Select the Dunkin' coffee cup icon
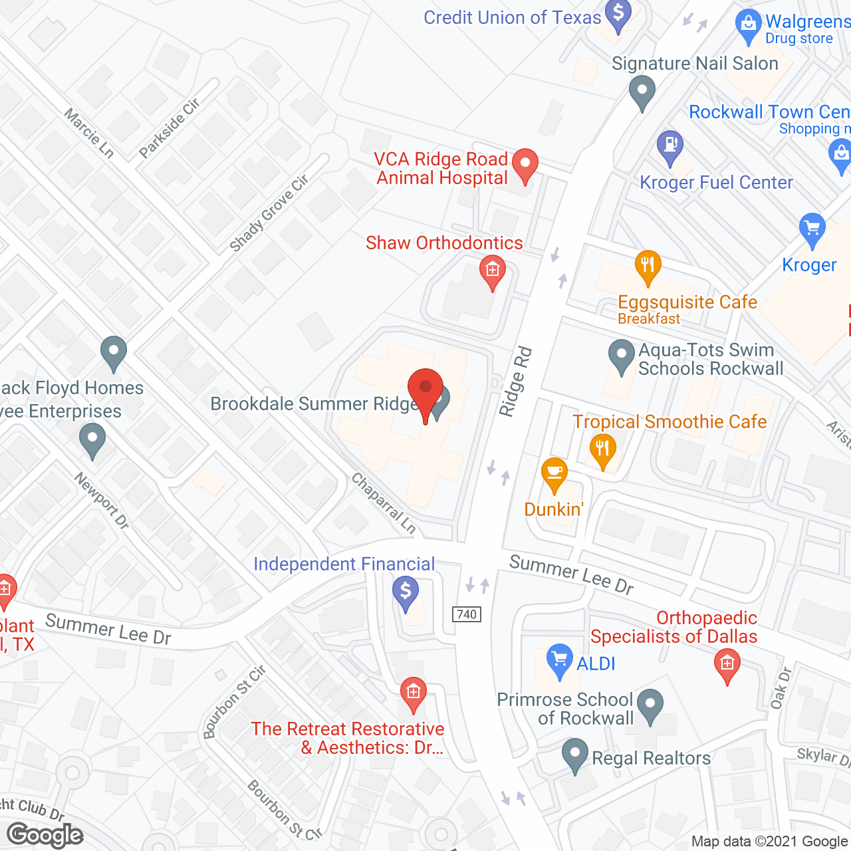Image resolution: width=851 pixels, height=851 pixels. (x=554, y=473)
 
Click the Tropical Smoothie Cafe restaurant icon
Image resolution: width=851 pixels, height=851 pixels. (x=602, y=449)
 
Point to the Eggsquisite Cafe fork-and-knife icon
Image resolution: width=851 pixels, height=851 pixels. (x=648, y=266)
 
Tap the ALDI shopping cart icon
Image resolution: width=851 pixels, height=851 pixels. (x=559, y=660)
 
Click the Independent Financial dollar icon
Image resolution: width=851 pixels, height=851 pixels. (x=406, y=590)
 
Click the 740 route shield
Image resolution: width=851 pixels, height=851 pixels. (x=467, y=614)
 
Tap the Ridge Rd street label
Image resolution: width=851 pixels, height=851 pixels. (x=517, y=382)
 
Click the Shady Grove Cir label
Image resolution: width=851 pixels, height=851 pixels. (x=269, y=213)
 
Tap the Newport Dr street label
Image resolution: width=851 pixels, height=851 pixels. (x=101, y=501)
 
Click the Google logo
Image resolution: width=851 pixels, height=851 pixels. (x=45, y=835)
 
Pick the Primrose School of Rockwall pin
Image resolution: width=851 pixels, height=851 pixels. (x=650, y=704)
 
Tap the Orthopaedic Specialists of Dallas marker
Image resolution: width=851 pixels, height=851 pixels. (x=727, y=664)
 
